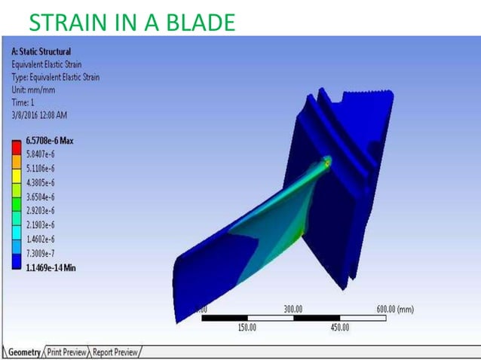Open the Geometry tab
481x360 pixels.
point(24,352)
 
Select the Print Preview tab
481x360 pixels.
point(68,352)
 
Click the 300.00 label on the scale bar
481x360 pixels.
point(293,309)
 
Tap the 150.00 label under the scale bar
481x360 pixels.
point(247,328)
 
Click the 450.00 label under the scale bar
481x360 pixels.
point(339,328)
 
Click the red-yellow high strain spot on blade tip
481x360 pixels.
point(327,160)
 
